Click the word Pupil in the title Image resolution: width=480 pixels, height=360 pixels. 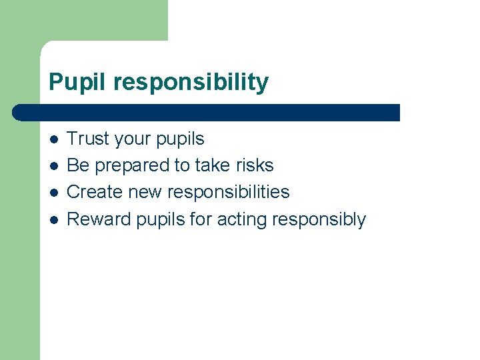tap(78, 83)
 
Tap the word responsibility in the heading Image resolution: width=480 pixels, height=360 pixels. tap(191, 83)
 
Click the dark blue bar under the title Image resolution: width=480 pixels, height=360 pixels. tap(207, 112)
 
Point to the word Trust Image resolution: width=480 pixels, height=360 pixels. tap(89, 139)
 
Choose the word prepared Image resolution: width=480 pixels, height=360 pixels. tap(127, 166)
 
